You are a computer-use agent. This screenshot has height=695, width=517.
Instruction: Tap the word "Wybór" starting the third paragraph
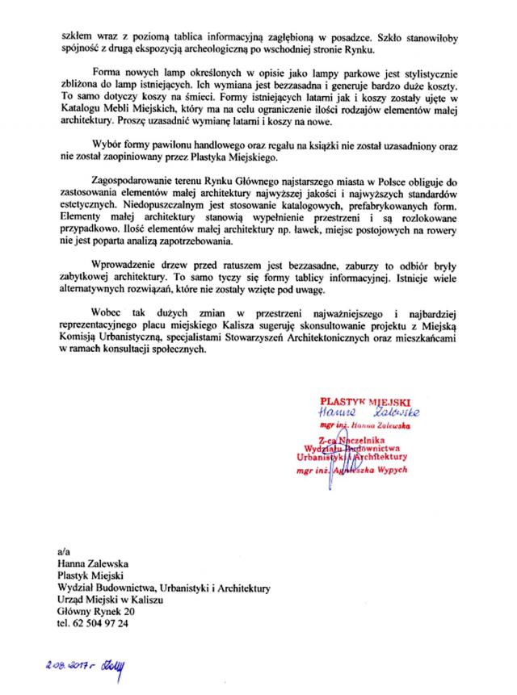coord(106,147)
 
